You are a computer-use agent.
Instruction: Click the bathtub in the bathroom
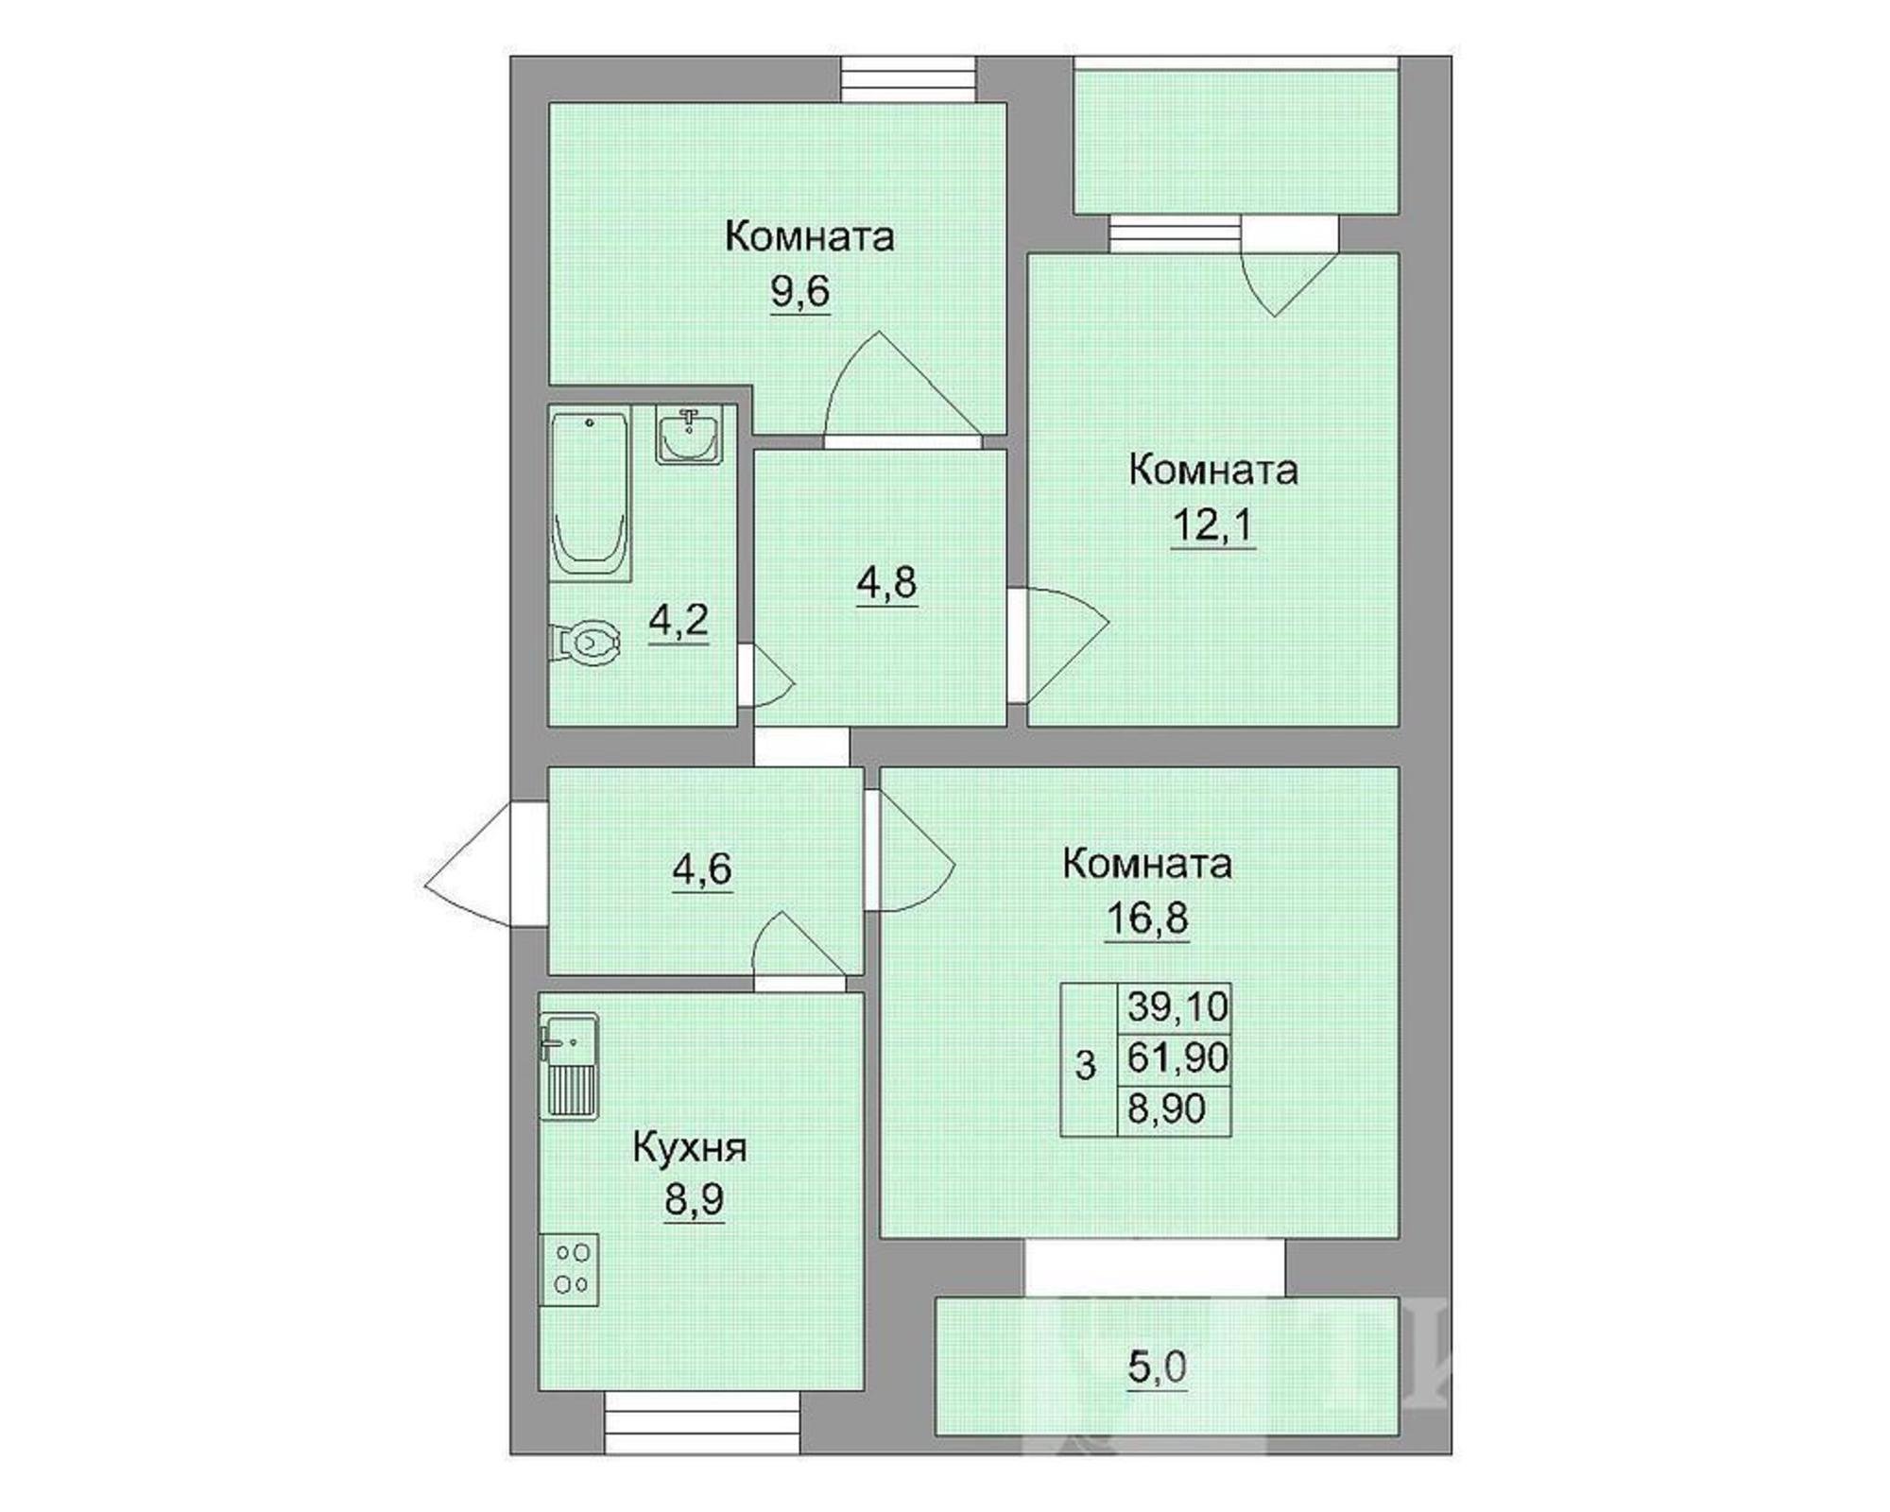click(x=590, y=495)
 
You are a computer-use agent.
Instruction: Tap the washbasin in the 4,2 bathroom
click(x=690, y=435)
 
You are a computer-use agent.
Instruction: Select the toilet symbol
click(x=585, y=643)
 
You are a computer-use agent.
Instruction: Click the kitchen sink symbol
click(x=569, y=1067)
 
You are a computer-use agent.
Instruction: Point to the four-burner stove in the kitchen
click(x=569, y=1269)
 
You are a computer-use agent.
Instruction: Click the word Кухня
click(x=690, y=1148)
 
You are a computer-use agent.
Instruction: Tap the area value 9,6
click(x=800, y=292)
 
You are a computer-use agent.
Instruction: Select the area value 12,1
click(x=1212, y=525)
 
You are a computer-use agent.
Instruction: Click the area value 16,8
click(x=1147, y=918)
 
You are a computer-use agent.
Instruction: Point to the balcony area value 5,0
click(x=1158, y=1367)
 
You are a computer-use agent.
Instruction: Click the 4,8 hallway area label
click(x=886, y=583)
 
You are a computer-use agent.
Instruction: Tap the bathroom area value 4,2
click(x=679, y=622)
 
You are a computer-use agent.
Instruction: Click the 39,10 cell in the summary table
click(x=1177, y=1006)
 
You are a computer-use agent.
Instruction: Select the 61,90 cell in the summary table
click(x=1177, y=1057)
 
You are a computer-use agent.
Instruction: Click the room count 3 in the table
click(x=1086, y=1065)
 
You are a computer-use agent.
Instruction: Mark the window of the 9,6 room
click(x=908, y=79)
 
